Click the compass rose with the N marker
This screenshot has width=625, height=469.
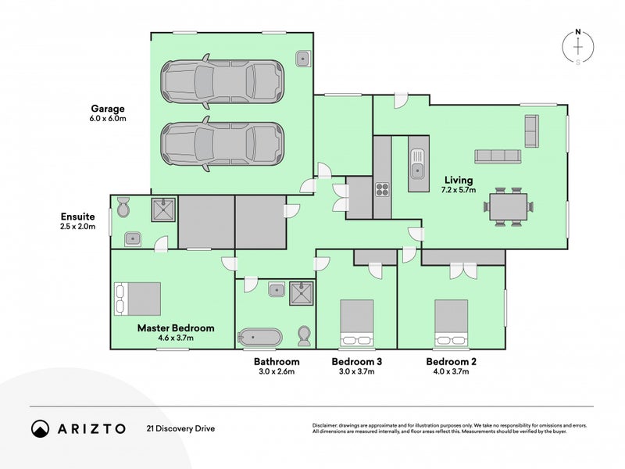click(x=578, y=47)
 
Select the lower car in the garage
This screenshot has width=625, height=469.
click(x=221, y=145)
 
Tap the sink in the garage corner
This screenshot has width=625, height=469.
click(x=304, y=58)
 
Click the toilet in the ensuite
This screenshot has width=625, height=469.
click(x=123, y=209)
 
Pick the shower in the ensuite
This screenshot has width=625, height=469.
click(x=163, y=209)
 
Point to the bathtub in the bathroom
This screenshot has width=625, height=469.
click(x=260, y=338)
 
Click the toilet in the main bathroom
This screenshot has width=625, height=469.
click(x=305, y=336)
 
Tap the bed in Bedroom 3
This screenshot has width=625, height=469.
click(x=356, y=322)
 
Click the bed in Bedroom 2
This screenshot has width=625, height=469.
click(x=451, y=322)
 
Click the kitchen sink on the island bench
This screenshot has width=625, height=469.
click(x=417, y=160)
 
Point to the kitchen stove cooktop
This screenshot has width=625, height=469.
click(x=383, y=188)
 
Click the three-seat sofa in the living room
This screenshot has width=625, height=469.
click(x=498, y=156)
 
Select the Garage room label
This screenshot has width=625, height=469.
click(x=107, y=109)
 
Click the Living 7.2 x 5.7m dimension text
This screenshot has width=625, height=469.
click(x=459, y=190)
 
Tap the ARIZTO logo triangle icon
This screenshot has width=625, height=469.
click(x=40, y=428)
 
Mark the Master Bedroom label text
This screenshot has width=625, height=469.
click(x=176, y=328)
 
